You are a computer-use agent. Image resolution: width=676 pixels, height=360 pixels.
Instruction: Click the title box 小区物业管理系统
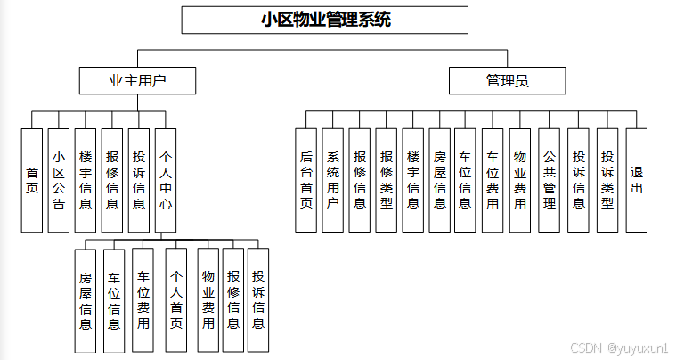coord(325,20)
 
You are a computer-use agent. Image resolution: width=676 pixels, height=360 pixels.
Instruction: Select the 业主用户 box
coord(137,81)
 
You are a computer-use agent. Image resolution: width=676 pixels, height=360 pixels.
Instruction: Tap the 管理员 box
coord(507,81)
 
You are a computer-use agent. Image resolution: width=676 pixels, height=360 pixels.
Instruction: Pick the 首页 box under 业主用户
coord(32,180)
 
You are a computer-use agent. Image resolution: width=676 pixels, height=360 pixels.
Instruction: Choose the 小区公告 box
coord(59,180)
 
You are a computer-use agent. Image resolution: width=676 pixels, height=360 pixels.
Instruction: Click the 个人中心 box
coord(166,180)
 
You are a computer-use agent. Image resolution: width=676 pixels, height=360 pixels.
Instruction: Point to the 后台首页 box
coord(306,180)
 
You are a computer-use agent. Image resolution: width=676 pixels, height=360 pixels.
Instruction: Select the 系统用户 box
coord(333,180)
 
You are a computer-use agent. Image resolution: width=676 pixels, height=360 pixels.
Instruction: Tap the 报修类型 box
coord(387,180)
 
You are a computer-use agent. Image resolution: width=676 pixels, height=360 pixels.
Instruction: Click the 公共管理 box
coord(550,180)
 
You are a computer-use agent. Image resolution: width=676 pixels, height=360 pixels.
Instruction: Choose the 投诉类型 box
coord(607,180)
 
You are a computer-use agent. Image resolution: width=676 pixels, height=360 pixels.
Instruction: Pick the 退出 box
coord(636,180)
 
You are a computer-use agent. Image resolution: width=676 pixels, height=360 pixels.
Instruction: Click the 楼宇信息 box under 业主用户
coord(86,180)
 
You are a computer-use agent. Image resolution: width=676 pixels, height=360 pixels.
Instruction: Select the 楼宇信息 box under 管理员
coord(413,180)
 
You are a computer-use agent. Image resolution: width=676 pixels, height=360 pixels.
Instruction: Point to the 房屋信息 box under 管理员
coord(439,180)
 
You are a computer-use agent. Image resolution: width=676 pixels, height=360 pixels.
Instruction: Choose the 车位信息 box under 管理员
coord(465,180)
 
